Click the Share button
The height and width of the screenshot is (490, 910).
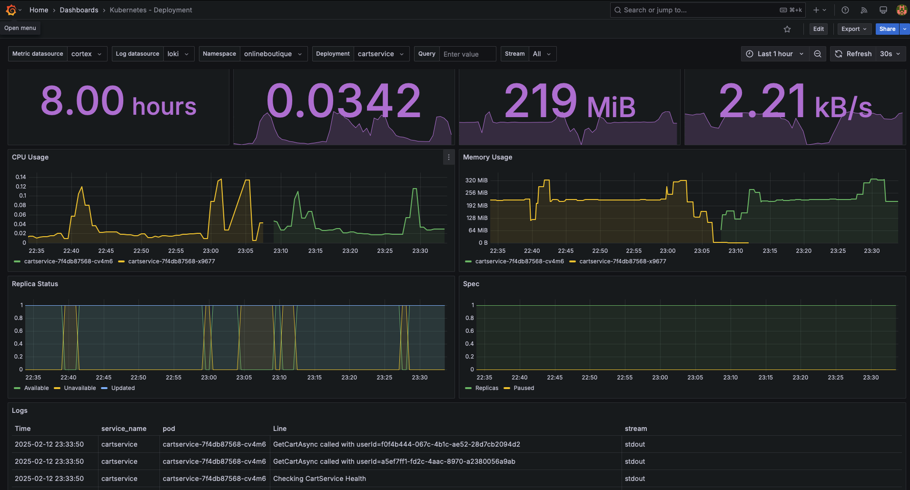tap(887, 29)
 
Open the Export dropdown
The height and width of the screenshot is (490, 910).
tap(854, 29)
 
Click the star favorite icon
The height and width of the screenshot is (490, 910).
tap(787, 29)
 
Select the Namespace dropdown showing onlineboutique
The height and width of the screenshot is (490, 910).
tap(273, 54)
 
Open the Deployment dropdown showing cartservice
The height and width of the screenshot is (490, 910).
tap(381, 54)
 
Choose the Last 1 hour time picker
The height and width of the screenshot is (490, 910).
tap(774, 54)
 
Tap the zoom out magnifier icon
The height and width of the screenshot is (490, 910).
tap(818, 54)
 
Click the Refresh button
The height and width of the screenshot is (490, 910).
tap(853, 54)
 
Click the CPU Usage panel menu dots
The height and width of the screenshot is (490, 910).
tap(448, 157)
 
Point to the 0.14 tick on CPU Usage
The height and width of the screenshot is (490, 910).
tap(21, 177)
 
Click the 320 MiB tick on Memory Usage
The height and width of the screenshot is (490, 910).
tap(476, 180)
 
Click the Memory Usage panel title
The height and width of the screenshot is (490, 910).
tap(487, 157)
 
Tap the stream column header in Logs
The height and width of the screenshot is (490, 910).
tap(636, 429)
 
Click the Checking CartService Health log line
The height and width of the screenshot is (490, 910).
tap(319, 479)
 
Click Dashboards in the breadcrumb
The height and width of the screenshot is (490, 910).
tap(79, 10)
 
